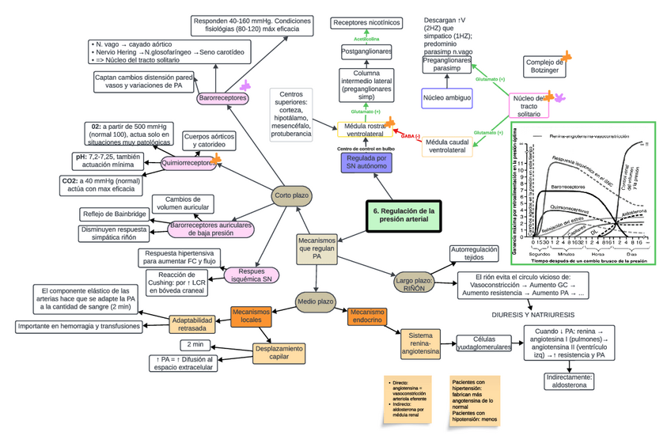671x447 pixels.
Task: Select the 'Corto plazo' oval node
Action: [x=290, y=195]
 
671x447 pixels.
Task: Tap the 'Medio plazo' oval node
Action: [x=315, y=301]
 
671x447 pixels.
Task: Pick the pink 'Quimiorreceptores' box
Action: [x=188, y=163]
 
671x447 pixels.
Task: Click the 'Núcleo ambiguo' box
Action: [x=447, y=98]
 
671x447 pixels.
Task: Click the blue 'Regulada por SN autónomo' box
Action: [x=366, y=163]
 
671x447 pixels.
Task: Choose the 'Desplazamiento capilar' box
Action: [x=279, y=352]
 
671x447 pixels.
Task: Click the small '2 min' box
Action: [x=195, y=344]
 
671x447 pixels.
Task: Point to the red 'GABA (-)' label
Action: [x=410, y=135]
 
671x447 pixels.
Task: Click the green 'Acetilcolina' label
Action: [x=366, y=38]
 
